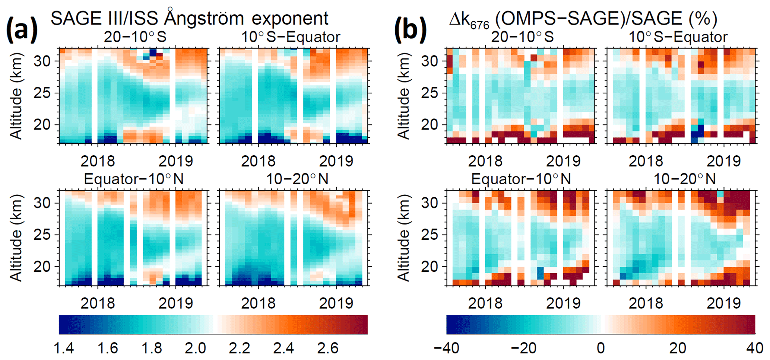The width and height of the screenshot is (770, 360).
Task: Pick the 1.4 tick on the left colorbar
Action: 64,348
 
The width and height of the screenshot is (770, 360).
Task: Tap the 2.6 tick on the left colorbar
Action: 328,348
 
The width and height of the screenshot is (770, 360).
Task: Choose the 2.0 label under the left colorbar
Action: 196,348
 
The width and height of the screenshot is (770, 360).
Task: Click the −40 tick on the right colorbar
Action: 446,348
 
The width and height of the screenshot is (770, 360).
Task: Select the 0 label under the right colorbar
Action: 601,348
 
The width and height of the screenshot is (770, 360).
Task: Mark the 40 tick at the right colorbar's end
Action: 755,348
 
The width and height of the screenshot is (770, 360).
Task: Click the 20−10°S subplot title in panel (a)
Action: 135,37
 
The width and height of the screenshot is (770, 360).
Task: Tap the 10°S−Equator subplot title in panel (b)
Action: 678,37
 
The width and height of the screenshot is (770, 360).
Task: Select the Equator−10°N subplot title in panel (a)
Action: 134,179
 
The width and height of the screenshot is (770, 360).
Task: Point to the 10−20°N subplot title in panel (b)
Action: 685,179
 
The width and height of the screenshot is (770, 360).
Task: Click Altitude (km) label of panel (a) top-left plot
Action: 16,96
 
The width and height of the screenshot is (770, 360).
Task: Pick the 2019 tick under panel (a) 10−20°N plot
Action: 336,303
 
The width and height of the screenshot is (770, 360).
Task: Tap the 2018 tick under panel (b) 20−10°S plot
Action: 485,161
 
